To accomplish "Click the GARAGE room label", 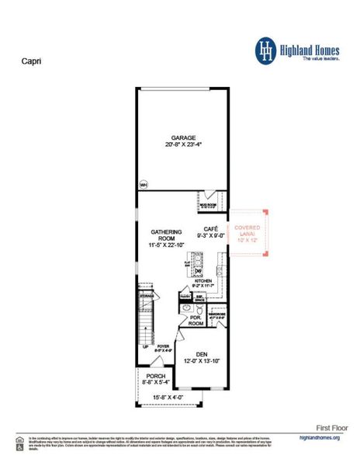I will [184, 137].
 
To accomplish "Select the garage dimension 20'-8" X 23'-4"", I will [184, 145].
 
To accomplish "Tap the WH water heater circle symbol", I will [144, 185].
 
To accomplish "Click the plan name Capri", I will [30, 59].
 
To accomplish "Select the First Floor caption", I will [333, 427].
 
